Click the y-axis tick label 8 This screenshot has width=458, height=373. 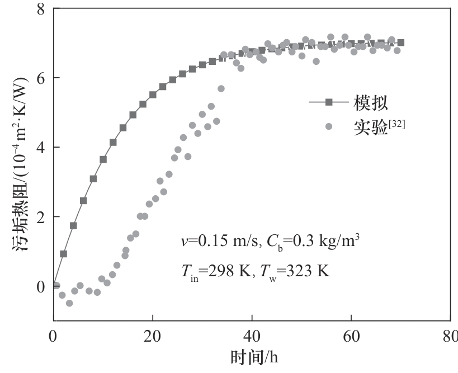tap(41, 9)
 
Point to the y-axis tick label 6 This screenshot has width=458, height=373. tap(41, 78)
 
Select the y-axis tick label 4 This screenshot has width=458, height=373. tap(41, 148)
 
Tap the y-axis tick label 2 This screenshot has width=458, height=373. tap(41, 217)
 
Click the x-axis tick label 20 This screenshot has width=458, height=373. tap(153, 338)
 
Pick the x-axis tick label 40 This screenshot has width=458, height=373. tap(252, 338)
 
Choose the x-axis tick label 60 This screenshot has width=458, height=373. tap(351, 338)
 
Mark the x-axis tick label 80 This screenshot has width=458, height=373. tap(449, 338)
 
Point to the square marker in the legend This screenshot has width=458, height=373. tap(329, 102)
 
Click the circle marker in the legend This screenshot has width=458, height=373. tap(329, 126)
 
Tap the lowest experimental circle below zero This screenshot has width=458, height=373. tap(69, 303)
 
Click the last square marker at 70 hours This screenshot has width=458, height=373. tap(401, 43)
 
